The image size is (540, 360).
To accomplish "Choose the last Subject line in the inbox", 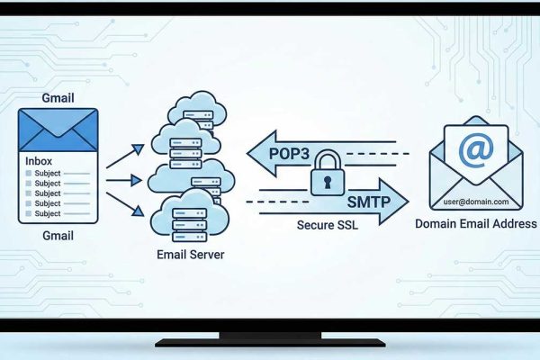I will pyautogui.click(x=47, y=214).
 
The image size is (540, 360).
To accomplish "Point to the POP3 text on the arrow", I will pyautogui.click(x=287, y=155).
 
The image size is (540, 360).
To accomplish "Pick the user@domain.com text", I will pyautogui.click(x=474, y=202).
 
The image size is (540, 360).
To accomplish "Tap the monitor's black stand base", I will pyautogui.click(x=269, y=341).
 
